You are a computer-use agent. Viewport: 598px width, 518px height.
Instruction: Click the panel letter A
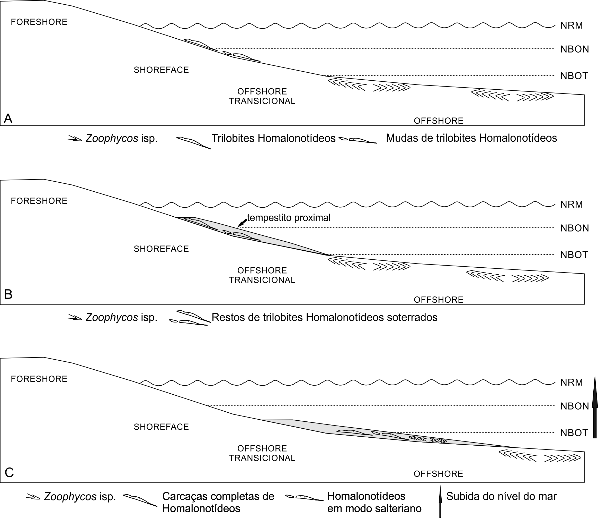(x=8, y=118)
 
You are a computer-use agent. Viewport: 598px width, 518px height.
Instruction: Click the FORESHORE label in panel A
(x=39, y=22)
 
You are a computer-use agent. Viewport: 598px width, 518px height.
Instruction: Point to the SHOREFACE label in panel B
(x=161, y=249)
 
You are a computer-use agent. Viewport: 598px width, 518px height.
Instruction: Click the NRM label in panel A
(x=572, y=26)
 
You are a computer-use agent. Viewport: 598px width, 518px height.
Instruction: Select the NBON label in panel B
(x=574, y=228)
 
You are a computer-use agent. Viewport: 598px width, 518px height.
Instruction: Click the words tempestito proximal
(x=288, y=218)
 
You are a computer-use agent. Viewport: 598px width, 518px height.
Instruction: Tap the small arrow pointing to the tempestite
(x=242, y=223)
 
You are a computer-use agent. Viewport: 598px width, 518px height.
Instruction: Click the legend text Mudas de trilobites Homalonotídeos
(x=471, y=138)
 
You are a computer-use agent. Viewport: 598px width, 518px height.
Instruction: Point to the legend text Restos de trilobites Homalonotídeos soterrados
(x=324, y=317)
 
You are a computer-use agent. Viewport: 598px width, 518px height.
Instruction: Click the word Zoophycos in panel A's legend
(x=112, y=139)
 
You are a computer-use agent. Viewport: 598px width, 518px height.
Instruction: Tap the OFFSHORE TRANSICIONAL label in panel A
(x=262, y=96)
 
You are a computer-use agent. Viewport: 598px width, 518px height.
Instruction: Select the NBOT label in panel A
(x=574, y=76)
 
